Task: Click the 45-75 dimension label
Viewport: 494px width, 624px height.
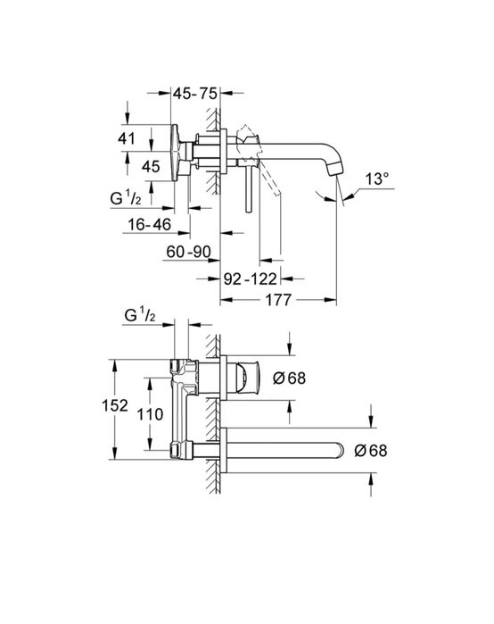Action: [x=195, y=94]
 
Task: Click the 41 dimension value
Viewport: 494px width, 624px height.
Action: [x=127, y=138]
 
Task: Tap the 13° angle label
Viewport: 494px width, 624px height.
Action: [x=377, y=179]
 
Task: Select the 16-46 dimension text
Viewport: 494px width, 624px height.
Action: [x=149, y=224]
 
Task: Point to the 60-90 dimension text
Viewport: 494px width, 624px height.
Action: [x=188, y=252]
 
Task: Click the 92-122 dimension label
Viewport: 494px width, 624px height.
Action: [x=250, y=279]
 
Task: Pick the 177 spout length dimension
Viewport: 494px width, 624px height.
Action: [x=278, y=300]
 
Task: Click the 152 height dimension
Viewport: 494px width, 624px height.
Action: [x=115, y=405]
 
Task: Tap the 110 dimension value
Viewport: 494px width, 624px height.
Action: [x=150, y=414]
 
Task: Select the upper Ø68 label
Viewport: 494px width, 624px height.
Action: [x=290, y=378]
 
